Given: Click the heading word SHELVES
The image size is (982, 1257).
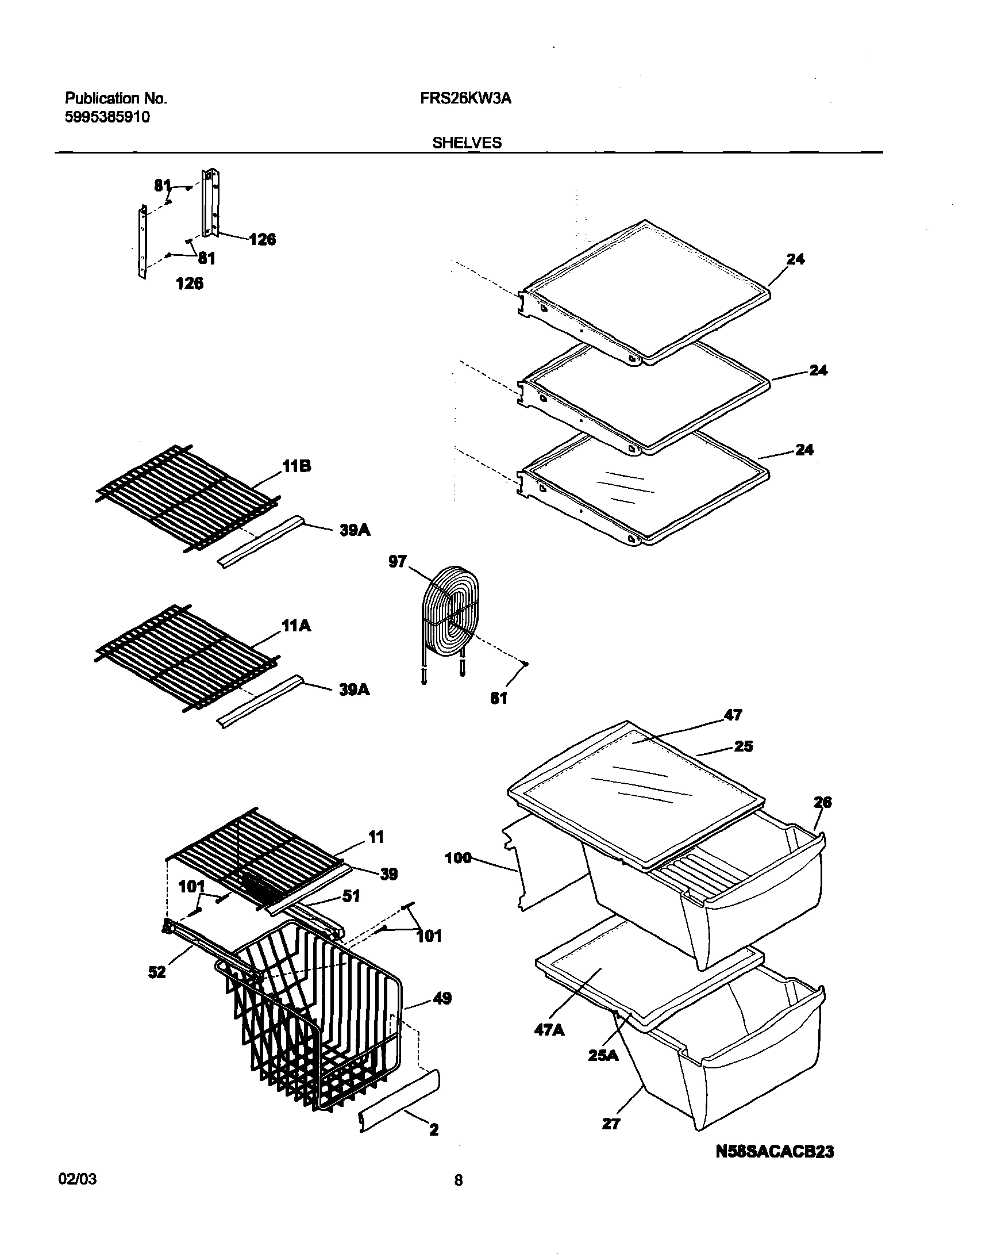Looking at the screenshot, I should tap(467, 143).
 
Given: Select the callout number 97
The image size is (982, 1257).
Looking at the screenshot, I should tap(398, 561).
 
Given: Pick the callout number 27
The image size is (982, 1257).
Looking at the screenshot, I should tap(611, 1124).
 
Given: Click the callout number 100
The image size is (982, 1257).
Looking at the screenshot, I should tap(458, 859).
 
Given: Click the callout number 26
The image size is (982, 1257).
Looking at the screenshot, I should tap(823, 802).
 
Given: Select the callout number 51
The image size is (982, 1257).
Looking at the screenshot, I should tap(351, 895).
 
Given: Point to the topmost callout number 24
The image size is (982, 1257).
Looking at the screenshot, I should tap(796, 259).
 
